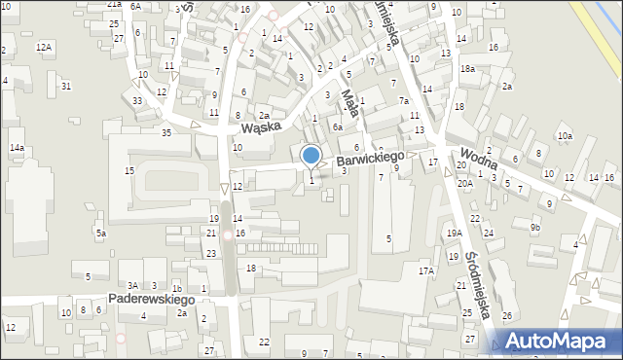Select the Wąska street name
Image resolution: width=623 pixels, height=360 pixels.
[x=262, y=126]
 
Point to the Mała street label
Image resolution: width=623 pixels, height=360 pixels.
[x=351, y=103]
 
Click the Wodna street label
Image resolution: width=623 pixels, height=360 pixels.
[x=480, y=159]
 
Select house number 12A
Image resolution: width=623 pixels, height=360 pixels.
[x=44, y=47]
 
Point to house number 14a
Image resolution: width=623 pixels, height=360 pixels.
[x=17, y=148]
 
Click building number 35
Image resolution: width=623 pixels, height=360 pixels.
[x=166, y=132]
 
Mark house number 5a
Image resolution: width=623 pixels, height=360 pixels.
[x=100, y=234]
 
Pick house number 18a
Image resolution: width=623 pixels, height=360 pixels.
[x=467, y=69]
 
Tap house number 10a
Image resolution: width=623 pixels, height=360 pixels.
[x=565, y=136]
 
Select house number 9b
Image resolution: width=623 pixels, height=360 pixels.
[x=534, y=228]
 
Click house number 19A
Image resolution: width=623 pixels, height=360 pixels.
[x=454, y=234]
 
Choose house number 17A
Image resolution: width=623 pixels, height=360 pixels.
[x=425, y=270]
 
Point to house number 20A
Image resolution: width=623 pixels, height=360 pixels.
[x=465, y=183]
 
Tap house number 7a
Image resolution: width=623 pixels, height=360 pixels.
[x=403, y=101]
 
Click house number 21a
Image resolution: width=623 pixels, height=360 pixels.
[x=114, y=5]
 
